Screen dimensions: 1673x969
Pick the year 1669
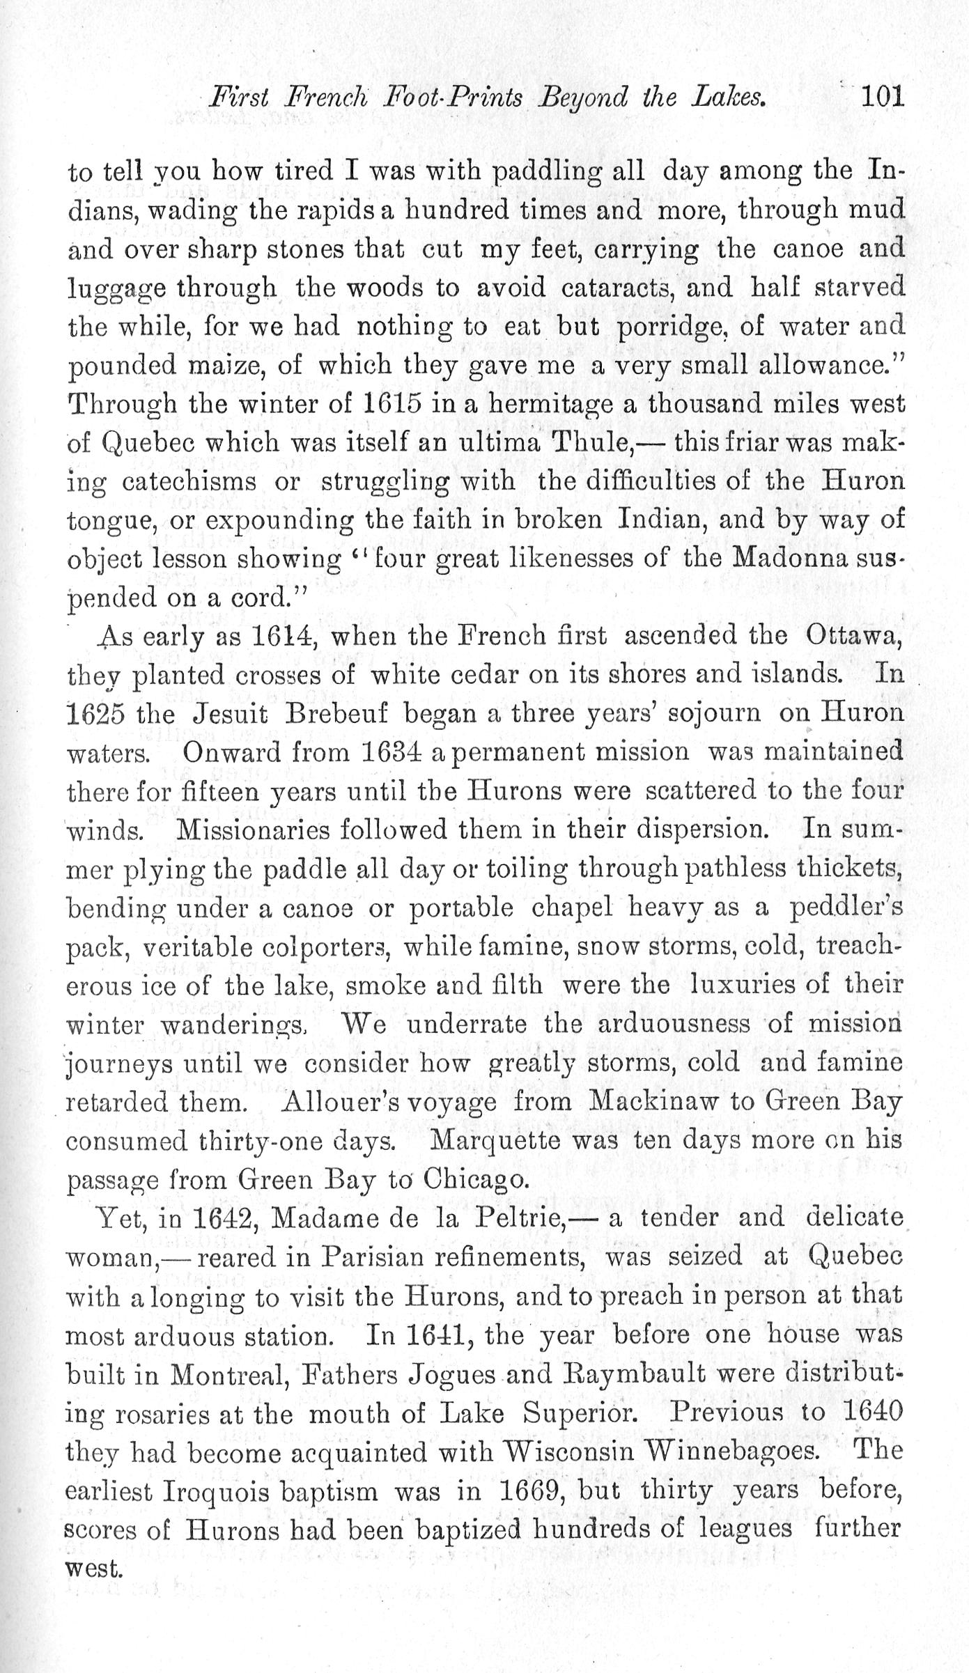[534, 1491]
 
